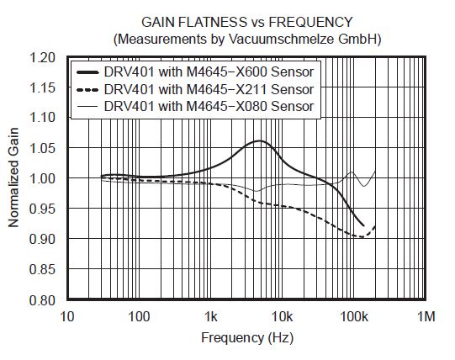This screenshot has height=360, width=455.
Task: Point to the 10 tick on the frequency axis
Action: click(68, 316)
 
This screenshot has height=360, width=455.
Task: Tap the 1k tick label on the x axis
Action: click(211, 316)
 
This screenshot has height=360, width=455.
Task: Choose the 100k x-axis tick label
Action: click(354, 316)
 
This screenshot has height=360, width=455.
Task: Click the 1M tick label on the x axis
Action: click(426, 316)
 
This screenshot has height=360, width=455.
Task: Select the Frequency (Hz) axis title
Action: click(247, 338)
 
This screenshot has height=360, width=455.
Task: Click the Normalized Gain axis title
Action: click(14, 179)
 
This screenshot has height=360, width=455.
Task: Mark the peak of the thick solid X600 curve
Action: click(260, 141)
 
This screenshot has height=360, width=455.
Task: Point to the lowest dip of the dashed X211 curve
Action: click(362, 237)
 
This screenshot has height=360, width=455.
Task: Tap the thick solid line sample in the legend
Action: click(87, 72)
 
